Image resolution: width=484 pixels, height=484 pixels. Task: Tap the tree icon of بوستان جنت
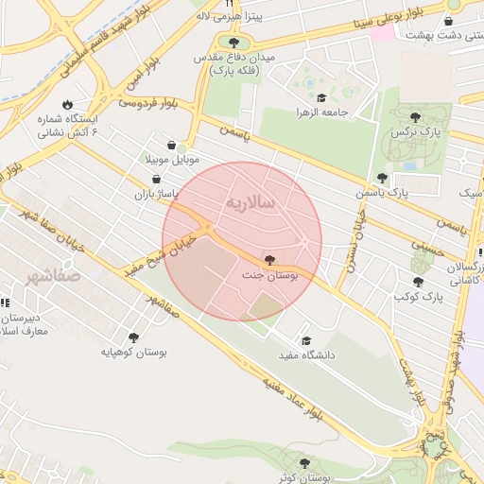click(x=271, y=260)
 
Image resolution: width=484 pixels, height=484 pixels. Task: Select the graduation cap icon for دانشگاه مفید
click(x=305, y=341)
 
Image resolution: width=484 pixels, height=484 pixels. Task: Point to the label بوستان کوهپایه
click(x=134, y=353)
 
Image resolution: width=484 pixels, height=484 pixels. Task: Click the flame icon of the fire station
click(x=67, y=105)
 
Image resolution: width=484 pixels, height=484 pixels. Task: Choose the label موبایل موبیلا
click(x=171, y=160)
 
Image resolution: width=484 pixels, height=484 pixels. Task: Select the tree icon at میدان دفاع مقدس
click(x=233, y=43)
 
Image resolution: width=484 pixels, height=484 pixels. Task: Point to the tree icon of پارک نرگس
click(x=415, y=116)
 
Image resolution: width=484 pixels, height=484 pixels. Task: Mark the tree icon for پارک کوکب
click(x=417, y=282)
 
